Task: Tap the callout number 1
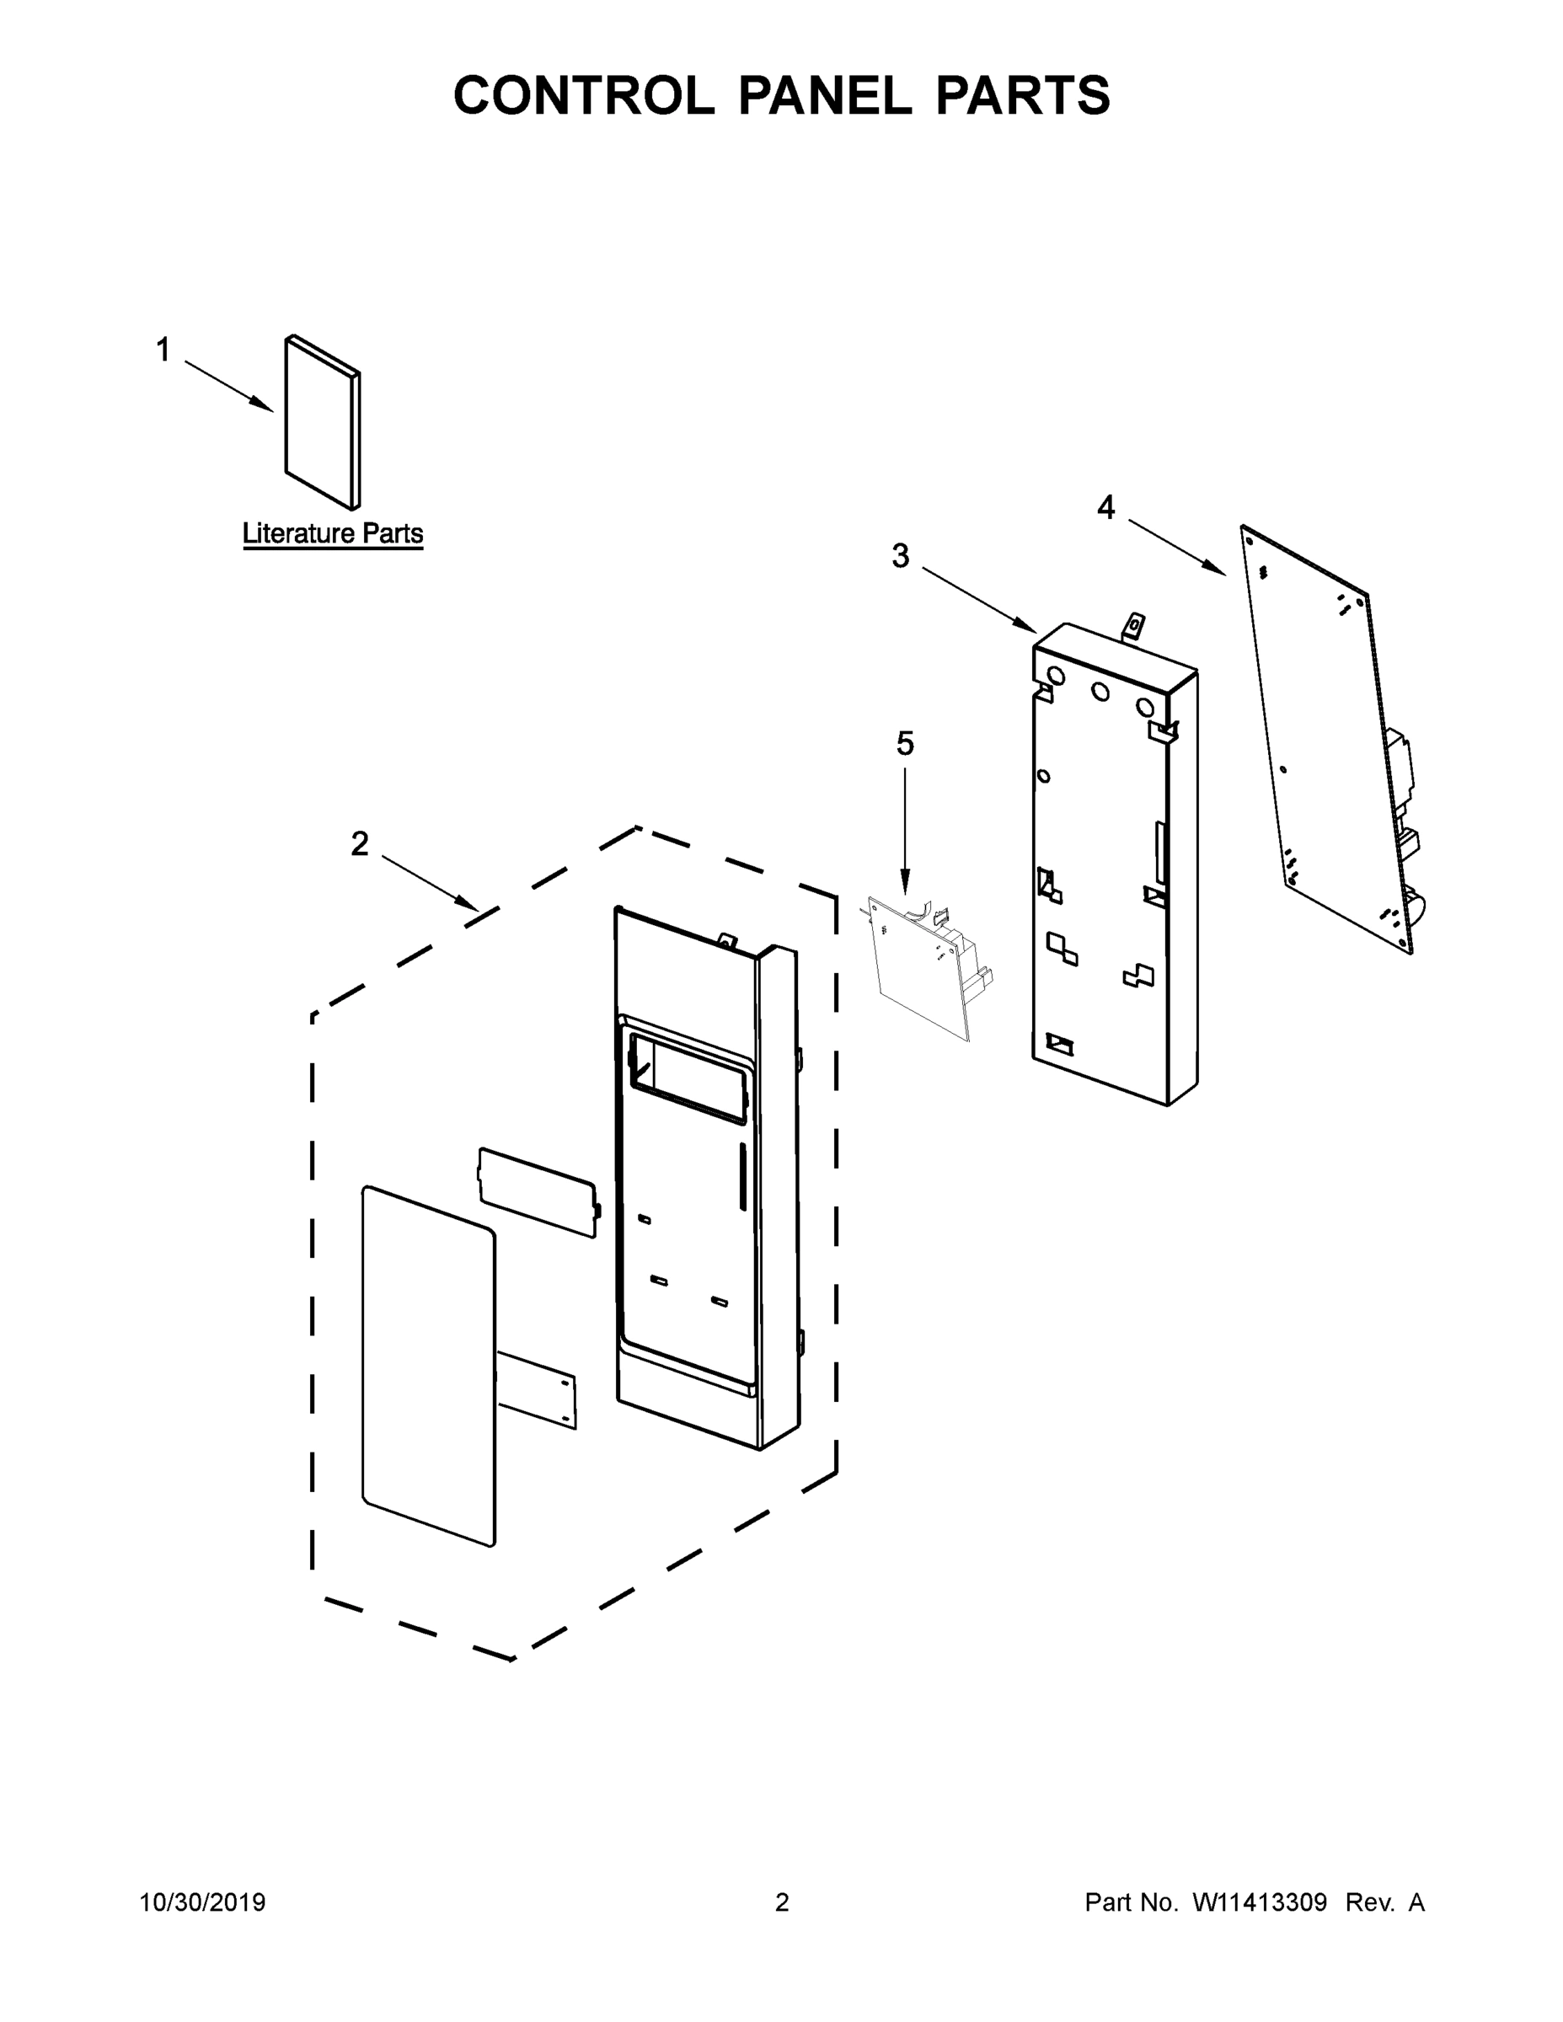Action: pos(163,350)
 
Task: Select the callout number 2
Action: pos(359,843)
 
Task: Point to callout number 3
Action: pos(900,555)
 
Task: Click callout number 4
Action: pos(1105,506)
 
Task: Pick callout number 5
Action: pos(905,742)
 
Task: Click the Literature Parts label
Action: pos(333,533)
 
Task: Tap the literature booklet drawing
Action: pos(321,423)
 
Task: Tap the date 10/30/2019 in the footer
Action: pos(202,1902)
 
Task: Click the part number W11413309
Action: pos(1260,1902)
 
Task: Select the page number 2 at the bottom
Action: pos(782,1902)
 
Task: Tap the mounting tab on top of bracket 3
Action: pos(1132,627)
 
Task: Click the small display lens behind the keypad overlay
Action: pos(538,1192)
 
